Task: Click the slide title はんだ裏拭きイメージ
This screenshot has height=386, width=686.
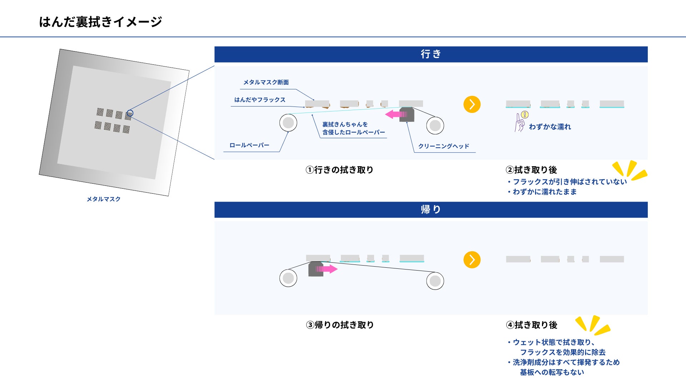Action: pos(100,22)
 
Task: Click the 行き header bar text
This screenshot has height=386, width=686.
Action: pos(431,54)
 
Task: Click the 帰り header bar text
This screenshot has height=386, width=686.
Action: pos(431,209)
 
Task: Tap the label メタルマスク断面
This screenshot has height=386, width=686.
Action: pos(266,83)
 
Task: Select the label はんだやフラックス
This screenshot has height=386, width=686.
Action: pos(260,100)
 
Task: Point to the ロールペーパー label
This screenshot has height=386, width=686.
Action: pos(249,145)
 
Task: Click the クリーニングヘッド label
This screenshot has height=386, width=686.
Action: pos(443,146)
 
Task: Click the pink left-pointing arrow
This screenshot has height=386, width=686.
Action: pos(395,114)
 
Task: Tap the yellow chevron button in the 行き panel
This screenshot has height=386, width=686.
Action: pos(472,104)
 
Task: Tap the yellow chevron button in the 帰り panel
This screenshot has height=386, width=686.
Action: pos(472,260)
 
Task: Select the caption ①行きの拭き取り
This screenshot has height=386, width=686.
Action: pos(339,170)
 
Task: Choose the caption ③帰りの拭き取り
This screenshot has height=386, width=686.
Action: pos(340,325)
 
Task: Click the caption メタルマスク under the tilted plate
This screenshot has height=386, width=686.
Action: pos(104,199)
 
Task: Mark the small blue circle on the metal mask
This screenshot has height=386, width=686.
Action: pos(130,113)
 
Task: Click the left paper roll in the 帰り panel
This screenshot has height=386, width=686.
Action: pos(288,278)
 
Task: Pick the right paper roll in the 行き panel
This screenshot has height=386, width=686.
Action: pos(435,125)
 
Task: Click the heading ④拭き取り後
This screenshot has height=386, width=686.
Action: pos(532,325)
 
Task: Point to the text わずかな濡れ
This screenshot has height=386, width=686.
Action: pos(550,127)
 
